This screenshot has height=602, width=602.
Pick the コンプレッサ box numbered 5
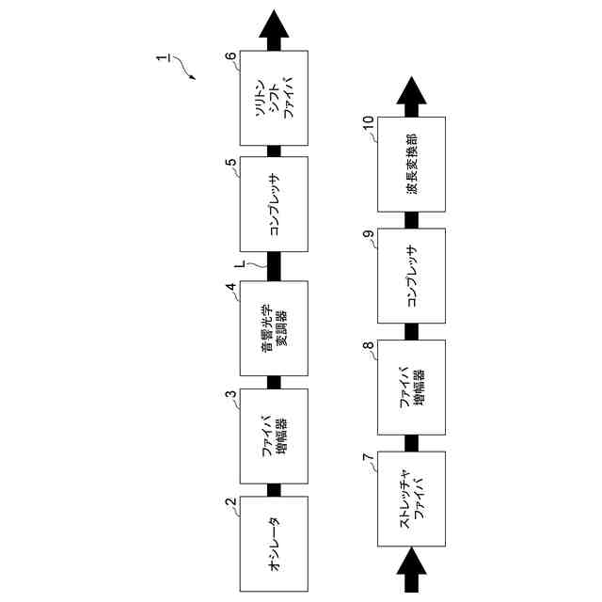click(x=274, y=204)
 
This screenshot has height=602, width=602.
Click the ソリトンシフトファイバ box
click(x=274, y=99)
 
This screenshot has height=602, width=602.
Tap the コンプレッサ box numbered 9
click(x=411, y=275)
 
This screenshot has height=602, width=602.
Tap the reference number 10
click(x=368, y=121)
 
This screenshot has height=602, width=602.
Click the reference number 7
click(x=367, y=457)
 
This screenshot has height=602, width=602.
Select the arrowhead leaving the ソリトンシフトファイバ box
click(x=274, y=25)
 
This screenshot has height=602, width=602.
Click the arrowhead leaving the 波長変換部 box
click(x=411, y=92)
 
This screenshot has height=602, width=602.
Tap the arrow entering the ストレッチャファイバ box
click(x=411, y=572)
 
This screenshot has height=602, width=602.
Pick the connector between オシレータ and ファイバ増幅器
click(x=274, y=489)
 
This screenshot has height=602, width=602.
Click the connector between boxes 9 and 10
click(x=411, y=219)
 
